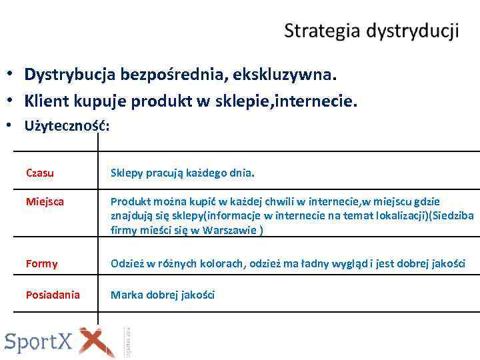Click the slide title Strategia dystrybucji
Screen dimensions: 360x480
(x=371, y=31)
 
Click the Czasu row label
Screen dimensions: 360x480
(x=40, y=173)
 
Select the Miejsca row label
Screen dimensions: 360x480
(x=45, y=201)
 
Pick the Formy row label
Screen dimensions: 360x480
(x=41, y=263)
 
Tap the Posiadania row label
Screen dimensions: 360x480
(x=53, y=295)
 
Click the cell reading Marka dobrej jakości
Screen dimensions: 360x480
(x=163, y=295)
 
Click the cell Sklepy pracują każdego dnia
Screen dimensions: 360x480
(x=182, y=173)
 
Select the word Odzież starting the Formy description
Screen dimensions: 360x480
(x=126, y=263)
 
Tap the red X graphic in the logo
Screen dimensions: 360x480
(x=97, y=342)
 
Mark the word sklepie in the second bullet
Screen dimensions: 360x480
(x=241, y=101)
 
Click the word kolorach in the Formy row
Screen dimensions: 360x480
(x=223, y=263)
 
